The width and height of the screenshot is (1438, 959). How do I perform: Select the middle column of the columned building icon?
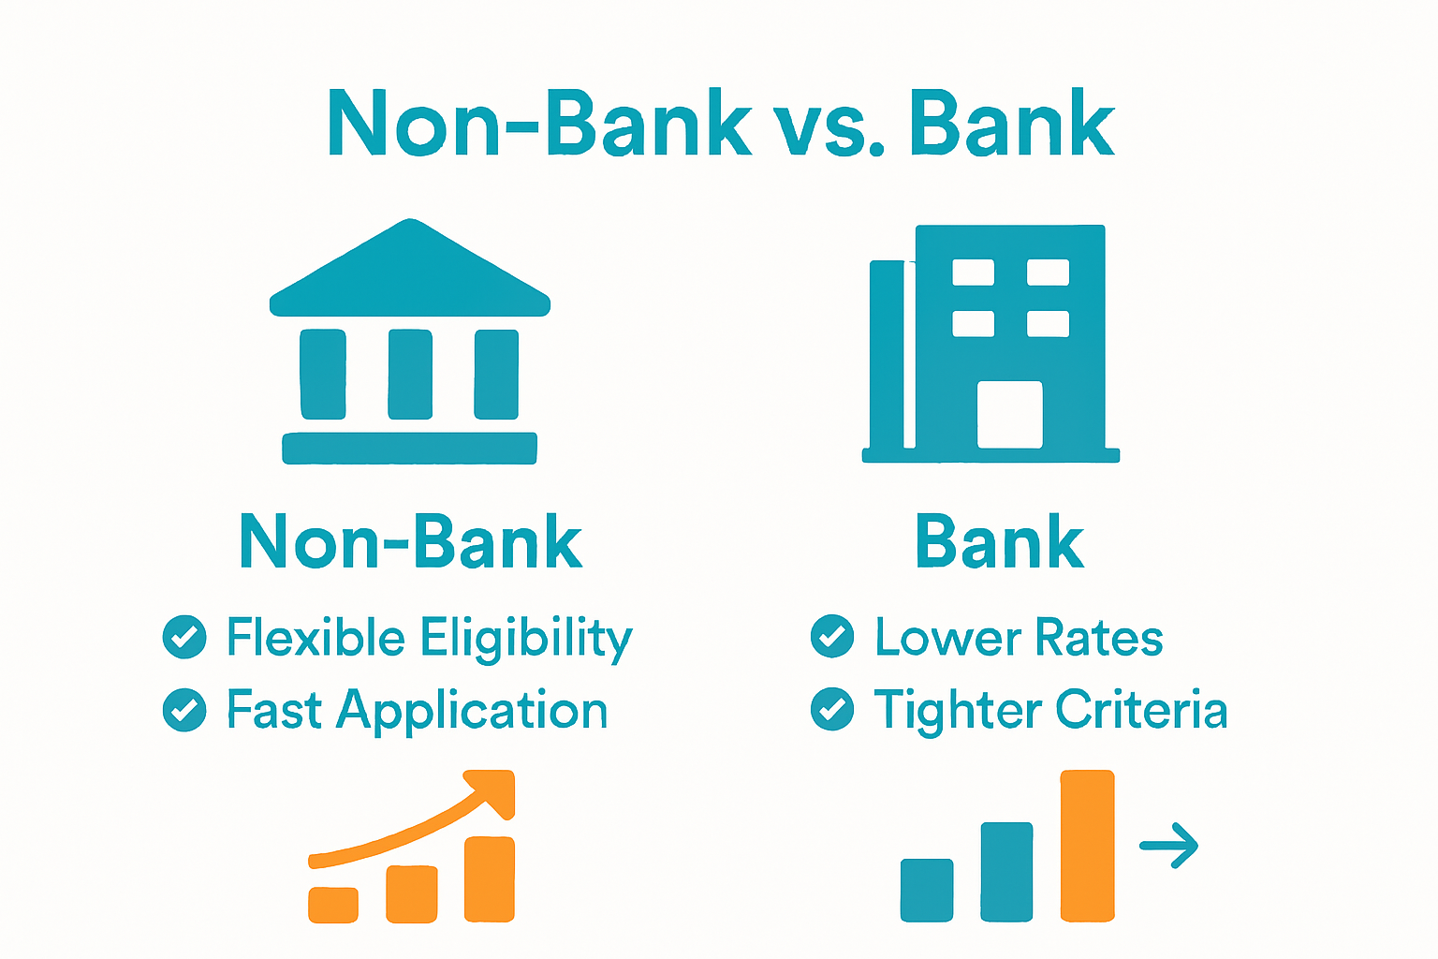(410, 374)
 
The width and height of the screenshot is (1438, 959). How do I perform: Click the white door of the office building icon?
(1009, 414)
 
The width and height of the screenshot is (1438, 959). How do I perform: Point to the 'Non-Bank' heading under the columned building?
(411, 542)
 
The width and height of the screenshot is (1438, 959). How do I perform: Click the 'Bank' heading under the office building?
(999, 542)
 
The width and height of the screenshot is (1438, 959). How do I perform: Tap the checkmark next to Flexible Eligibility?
(184, 638)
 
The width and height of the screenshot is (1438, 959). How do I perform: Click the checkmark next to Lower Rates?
(832, 637)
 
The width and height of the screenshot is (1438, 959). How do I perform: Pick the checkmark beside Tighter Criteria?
(832, 709)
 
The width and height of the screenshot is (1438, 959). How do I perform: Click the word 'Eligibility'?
(526, 640)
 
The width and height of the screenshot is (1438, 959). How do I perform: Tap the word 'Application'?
(472, 712)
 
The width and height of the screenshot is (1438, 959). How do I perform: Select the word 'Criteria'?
(1141, 710)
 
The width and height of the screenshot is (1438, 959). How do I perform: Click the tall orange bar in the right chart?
(1087, 845)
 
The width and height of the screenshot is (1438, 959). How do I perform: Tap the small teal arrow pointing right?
(1169, 846)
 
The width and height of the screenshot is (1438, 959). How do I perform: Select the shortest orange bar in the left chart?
(333, 904)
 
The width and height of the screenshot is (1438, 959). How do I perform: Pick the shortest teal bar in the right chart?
(927, 890)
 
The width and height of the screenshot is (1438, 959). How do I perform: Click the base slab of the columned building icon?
(409, 449)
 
